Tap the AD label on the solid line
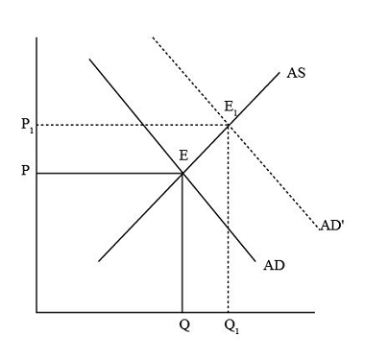pos(273,265)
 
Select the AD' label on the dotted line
pos(331,228)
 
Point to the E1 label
pos(231,107)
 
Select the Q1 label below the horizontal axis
pos(230,327)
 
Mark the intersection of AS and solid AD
pos(182,173)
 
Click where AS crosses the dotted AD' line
pos(229,125)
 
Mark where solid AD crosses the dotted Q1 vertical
pos(229,228)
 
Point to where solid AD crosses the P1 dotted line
pos(142,125)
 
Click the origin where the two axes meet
pos(36,312)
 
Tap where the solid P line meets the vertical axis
pos(36,173)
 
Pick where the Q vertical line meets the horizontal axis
pos(182,312)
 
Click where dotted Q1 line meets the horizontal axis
pos(229,312)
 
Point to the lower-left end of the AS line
pos(98,259)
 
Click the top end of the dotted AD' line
pos(152,37)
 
